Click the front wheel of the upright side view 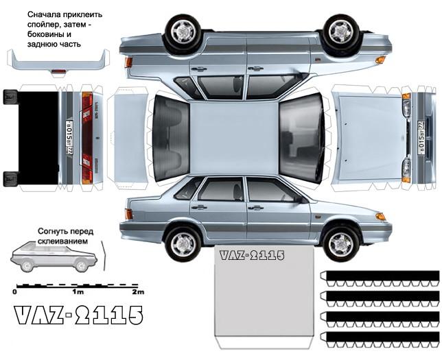(x=340, y=243)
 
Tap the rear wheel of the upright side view (x=183, y=243)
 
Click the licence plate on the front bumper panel (x=420, y=136)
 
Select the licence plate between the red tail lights (x=69, y=136)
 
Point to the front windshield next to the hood (x=302, y=137)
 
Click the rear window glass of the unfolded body (x=170, y=137)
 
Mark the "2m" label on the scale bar (x=137, y=291)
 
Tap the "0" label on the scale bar (x=15, y=291)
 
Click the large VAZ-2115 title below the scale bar (x=78, y=315)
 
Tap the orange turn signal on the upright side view (x=380, y=217)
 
